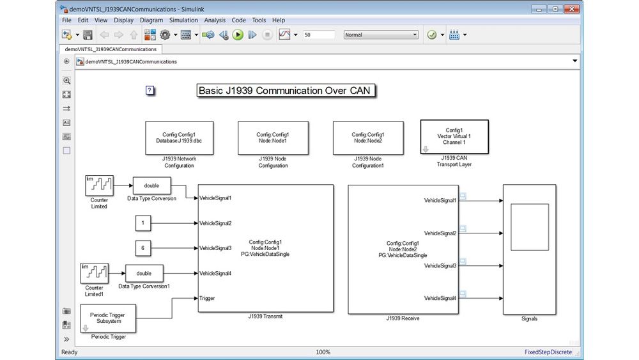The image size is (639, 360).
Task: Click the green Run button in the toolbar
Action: (238, 35)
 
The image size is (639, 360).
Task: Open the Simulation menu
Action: (183, 20)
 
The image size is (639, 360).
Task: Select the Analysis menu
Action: (214, 20)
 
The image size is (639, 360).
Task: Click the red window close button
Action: (571, 9)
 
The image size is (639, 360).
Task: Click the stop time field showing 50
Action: (319, 35)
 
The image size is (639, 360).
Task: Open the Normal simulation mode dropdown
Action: (381, 35)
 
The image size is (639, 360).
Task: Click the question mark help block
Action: (150, 90)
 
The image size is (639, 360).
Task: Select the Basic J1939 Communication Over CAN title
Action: (285, 91)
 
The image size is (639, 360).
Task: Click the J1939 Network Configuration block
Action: (180, 138)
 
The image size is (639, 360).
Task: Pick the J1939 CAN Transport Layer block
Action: (454, 137)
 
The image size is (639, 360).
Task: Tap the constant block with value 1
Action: (142, 223)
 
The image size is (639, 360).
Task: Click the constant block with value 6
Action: (142, 248)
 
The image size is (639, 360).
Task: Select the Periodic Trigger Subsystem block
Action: (108, 318)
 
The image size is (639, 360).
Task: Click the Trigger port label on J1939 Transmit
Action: (207, 299)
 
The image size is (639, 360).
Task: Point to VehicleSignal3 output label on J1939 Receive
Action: (440, 266)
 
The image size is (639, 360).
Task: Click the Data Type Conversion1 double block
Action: (144, 273)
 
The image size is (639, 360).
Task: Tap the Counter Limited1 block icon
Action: (95, 273)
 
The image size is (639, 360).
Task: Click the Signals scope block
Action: (529, 249)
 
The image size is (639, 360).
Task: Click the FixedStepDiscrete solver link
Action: (548, 352)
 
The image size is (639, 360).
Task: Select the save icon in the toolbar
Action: (88, 35)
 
